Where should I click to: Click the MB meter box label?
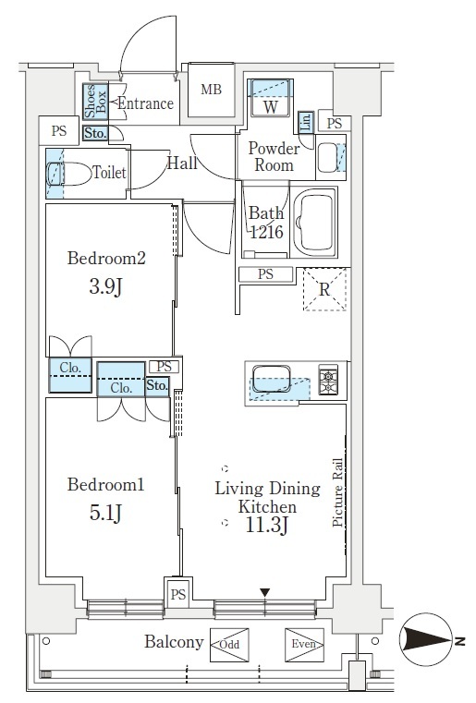211,90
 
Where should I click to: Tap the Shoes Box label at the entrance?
96,102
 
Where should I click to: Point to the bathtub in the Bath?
314,223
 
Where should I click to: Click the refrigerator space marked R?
324,289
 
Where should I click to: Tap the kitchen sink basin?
272,379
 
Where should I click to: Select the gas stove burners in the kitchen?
328,380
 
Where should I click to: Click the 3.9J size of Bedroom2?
105,286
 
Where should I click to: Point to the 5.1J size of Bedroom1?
105,513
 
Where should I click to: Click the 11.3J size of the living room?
266,525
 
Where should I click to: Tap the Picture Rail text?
337,492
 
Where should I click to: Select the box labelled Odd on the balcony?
229,645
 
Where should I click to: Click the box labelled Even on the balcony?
304,645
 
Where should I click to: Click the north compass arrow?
426,639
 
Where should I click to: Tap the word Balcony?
174,642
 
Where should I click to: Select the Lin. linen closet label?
306,122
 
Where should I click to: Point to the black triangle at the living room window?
265,593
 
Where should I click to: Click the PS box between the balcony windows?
178,595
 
